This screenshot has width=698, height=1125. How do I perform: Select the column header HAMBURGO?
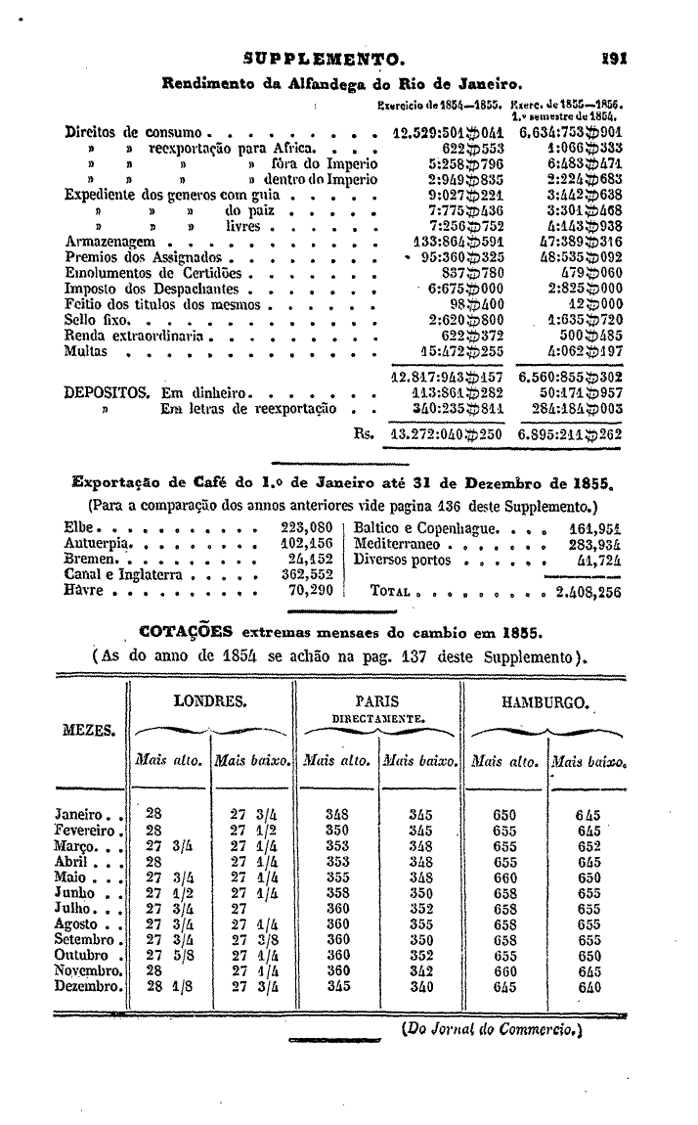pyautogui.click(x=544, y=702)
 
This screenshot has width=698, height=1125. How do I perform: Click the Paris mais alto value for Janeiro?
pyautogui.click(x=336, y=814)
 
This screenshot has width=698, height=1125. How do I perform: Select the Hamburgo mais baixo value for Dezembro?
pyautogui.click(x=588, y=986)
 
